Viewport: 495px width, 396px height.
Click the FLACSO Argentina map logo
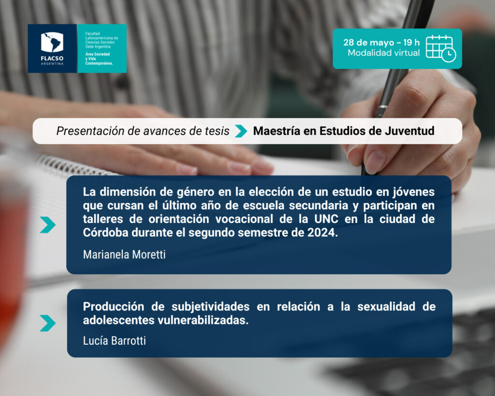[52, 43]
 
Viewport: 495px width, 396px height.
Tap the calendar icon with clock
[441, 48]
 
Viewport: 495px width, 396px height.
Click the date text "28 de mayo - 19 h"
[381, 43]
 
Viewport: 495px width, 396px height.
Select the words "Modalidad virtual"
[383, 53]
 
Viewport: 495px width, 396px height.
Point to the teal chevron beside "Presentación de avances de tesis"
[241, 131]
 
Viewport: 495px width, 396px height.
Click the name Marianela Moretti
[124, 254]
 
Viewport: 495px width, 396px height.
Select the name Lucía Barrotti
[114, 341]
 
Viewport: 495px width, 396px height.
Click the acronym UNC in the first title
[326, 219]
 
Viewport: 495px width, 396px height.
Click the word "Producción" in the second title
[114, 307]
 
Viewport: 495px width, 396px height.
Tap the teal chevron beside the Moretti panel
[48, 225]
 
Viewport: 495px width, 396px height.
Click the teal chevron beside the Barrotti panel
[48, 323]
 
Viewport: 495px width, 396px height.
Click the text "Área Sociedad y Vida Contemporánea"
[99, 59]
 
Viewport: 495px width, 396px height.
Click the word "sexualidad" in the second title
[386, 307]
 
